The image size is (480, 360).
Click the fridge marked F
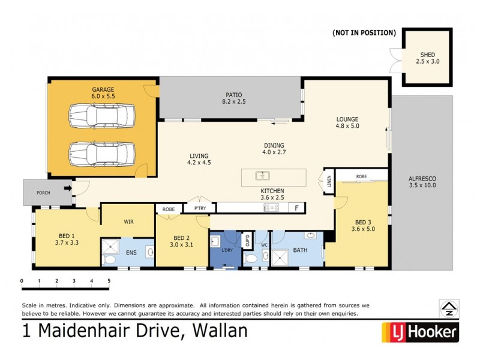click(x=295, y=208)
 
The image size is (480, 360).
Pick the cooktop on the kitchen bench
click(x=271, y=208)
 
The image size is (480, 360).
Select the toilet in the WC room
click(x=252, y=258)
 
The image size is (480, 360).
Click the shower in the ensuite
click(x=110, y=248)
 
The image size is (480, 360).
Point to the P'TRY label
click(x=199, y=209)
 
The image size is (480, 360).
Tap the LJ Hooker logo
click(x=420, y=331)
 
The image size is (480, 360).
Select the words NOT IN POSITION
click(x=364, y=32)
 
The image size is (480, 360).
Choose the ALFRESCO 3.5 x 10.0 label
click(x=422, y=182)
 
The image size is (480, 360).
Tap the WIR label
click(x=128, y=221)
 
